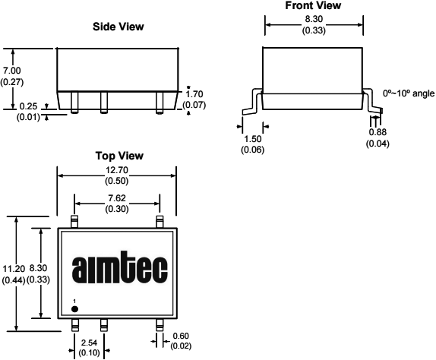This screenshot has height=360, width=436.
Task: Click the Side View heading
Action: pos(118,27)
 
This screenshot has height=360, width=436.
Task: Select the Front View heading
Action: pos(313,5)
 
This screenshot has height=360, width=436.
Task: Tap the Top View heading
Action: pos(119,156)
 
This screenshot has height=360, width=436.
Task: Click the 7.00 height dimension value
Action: pos(12,71)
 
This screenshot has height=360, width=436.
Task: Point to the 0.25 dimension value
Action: pos(28,106)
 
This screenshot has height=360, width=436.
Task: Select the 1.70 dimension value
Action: pos(194,94)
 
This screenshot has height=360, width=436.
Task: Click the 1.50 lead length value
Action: pos(253,139)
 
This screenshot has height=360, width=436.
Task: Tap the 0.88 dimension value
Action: pos(378,132)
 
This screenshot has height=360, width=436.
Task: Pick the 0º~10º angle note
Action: pos(409,93)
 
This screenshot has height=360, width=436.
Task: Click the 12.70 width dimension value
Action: pos(117,170)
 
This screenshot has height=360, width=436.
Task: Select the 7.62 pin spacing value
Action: pos(117,198)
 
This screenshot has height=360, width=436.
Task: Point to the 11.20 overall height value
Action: pos(14,269)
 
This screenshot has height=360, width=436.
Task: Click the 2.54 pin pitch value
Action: pos(89,343)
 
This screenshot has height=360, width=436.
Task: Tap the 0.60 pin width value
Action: pos(181,336)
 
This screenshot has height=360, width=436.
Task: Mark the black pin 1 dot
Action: pos(74,309)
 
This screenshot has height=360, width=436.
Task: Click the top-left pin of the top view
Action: pos(74,222)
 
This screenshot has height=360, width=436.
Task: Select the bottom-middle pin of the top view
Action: pos(104,325)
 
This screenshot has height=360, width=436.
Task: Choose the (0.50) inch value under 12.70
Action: pos(117,181)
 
